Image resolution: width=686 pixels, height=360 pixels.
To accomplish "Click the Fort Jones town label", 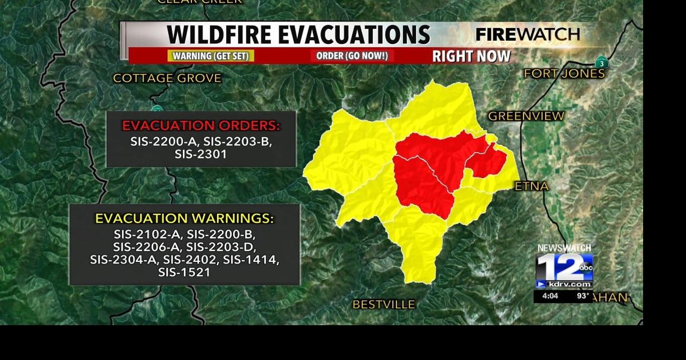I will (x=564, y=74).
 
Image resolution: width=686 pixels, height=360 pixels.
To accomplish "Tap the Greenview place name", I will (x=526, y=116).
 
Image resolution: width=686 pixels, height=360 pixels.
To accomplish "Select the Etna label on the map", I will (x=531, y=186).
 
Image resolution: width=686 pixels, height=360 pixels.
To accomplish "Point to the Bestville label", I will (x=383, y=304).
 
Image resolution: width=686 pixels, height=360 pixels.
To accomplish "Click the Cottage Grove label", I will (x=167, y=78).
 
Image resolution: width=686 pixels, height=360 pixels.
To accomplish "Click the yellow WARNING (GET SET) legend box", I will (x=211, y=56).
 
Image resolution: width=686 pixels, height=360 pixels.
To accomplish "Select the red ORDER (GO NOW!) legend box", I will (x=352, y=56).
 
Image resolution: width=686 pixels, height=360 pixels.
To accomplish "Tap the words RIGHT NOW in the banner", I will (x=471, y=56).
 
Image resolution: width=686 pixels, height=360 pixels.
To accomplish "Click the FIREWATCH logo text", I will (x=527, y=35).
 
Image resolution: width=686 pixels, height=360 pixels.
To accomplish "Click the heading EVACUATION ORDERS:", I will (x=201, y=126).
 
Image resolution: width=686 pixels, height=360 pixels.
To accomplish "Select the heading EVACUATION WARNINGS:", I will (x=184, y=219).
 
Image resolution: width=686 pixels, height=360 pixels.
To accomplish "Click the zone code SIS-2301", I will (x=201, y=154).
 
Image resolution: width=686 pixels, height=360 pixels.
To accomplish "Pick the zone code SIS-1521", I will (x=184, y=272).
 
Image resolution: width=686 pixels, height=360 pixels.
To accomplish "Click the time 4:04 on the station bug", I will (x=550, y=296).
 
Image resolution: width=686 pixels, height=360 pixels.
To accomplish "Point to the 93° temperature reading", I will (x=583, y=296).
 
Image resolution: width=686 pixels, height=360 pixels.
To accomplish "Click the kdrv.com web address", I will (x=570, y=284).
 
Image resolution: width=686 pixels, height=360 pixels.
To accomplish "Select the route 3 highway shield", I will (x=601, y=63).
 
